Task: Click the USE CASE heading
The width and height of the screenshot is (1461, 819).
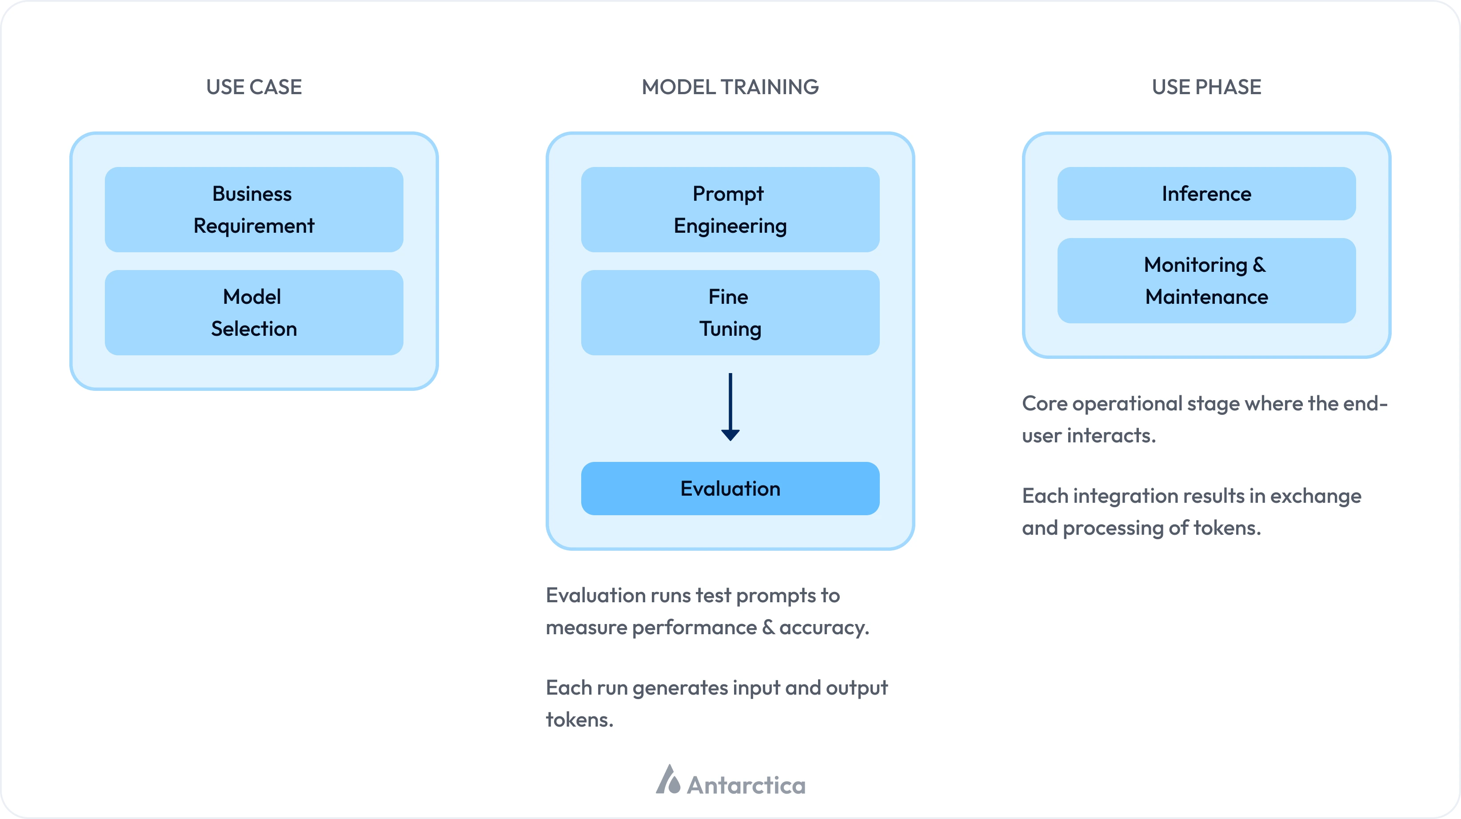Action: coord(254,87)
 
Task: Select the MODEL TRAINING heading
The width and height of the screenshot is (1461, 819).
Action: coord(730,87)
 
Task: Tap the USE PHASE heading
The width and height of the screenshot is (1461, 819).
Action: coord(1206,87)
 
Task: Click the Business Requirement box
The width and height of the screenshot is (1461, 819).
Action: coord(254,209)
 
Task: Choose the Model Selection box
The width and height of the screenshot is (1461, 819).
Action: coord(254,312)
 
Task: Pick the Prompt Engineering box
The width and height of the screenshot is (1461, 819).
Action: coord(730,209)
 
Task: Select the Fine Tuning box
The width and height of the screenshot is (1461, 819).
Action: coord(730,312)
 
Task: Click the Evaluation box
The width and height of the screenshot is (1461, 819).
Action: coord(730,488)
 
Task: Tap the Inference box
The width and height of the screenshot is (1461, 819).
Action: coord(1206,193)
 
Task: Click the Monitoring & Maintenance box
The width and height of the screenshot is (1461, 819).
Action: coord(1206,281)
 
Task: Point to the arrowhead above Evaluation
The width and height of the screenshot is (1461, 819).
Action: coord(730,435)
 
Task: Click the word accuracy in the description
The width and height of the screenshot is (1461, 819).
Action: coord(823,628)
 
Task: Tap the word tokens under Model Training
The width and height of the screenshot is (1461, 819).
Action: coord(579,720)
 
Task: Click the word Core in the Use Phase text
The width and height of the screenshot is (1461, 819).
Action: coord(1044,404)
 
